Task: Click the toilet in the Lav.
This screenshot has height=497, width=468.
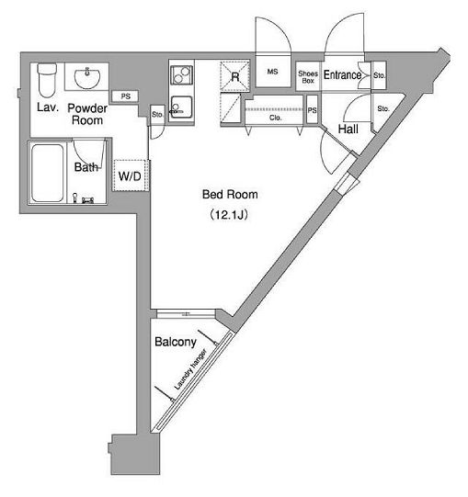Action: [x=47, y=80]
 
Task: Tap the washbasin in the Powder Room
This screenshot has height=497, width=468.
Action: [x=87, y=78]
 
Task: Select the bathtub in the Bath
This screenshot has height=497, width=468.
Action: [x=47, y=173]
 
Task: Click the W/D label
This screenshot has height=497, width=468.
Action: [x=130, y=175]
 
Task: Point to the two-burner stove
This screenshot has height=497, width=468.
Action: [x=181, y=74]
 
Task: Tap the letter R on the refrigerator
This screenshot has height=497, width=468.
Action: [x=234, y=76]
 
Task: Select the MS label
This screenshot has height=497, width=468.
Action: [x=272, y=72]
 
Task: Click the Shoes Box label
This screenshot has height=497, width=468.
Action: [x=308, y=77]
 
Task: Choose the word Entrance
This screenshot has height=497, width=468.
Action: [x=342, y=75]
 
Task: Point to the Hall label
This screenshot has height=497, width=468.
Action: [x=348, y=129]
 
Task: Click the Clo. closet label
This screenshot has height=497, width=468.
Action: [x=275, y=118]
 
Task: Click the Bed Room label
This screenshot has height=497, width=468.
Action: [x=230, y=194]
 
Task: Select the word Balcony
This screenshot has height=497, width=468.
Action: [x=176, y=342]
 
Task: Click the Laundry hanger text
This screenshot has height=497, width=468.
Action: [x=190, y=369]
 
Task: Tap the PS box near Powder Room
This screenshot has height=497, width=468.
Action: [x=126, y=96]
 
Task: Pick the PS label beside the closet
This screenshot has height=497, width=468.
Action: [x=313, y=110]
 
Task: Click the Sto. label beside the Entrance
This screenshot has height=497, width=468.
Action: [x=379, y=75]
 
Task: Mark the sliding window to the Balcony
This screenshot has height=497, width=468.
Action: [x=186, y=314]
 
